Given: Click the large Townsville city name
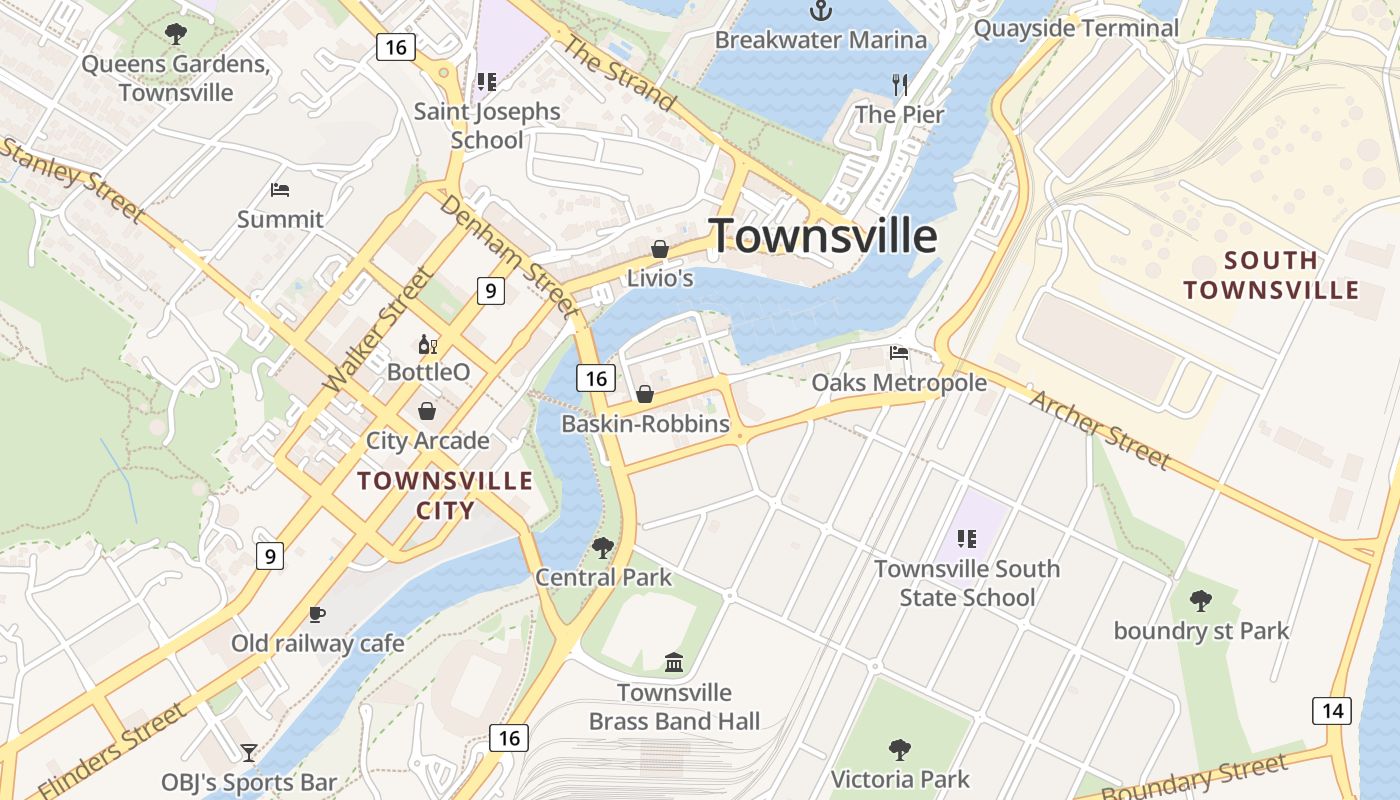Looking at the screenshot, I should [x=823, y=237].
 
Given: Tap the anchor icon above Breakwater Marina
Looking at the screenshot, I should [x=821, y=11].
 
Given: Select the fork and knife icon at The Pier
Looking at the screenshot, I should [x=900, y=85].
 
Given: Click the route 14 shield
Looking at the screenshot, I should [x=1331, y=711].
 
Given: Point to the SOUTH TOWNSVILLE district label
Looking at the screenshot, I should [x=1271, y=276].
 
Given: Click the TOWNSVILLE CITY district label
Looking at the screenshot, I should [x=445, y=495].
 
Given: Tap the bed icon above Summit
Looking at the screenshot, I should [x=280, y=190].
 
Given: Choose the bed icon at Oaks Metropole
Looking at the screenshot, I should [x=899, y=353].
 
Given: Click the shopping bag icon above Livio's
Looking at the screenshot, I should [x=660, y=249].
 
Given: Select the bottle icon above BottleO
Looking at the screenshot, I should [x=428, y=345].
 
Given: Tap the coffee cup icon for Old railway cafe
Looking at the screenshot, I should [x=317, y=614].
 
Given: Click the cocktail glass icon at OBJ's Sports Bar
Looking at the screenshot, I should [x=249, y=752].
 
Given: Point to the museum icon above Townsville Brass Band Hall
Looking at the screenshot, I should [x=674, y=662].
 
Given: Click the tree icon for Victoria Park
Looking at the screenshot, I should [x=900, y=749].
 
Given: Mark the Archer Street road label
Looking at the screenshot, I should [x=1099, y=429].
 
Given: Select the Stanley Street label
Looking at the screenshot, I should [x=72, y=181].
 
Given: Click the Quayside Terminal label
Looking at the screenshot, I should [x=1076, y=28].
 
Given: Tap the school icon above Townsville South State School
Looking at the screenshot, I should [x=966, y=539].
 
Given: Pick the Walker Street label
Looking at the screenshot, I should [x=379, y=329].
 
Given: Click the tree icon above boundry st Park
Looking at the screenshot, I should [x=1201, y=601].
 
